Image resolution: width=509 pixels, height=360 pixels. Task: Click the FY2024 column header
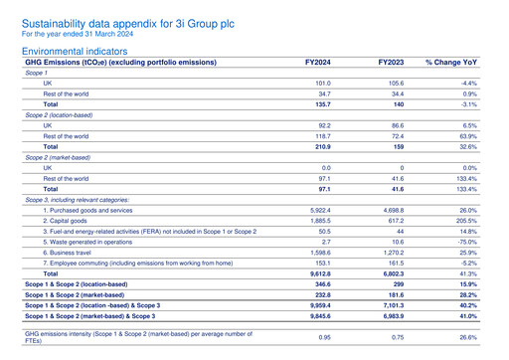(317, 63)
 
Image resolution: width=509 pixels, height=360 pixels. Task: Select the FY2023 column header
(391, 63)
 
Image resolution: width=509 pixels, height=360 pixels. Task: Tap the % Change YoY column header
(453, 63)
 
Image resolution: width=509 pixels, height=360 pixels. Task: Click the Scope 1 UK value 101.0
(323, 84)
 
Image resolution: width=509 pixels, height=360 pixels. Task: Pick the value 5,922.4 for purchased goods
(318, 210)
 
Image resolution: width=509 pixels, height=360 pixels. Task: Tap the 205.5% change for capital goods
(465, 221)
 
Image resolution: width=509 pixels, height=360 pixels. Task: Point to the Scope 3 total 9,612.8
(318, 273)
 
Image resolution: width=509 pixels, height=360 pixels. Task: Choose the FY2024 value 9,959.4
(318, 304)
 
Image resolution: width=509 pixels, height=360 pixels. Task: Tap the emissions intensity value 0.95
(323, 337)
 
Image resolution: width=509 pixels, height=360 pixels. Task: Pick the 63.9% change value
(466, 136)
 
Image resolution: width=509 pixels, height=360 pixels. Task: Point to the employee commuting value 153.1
(322, 263)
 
